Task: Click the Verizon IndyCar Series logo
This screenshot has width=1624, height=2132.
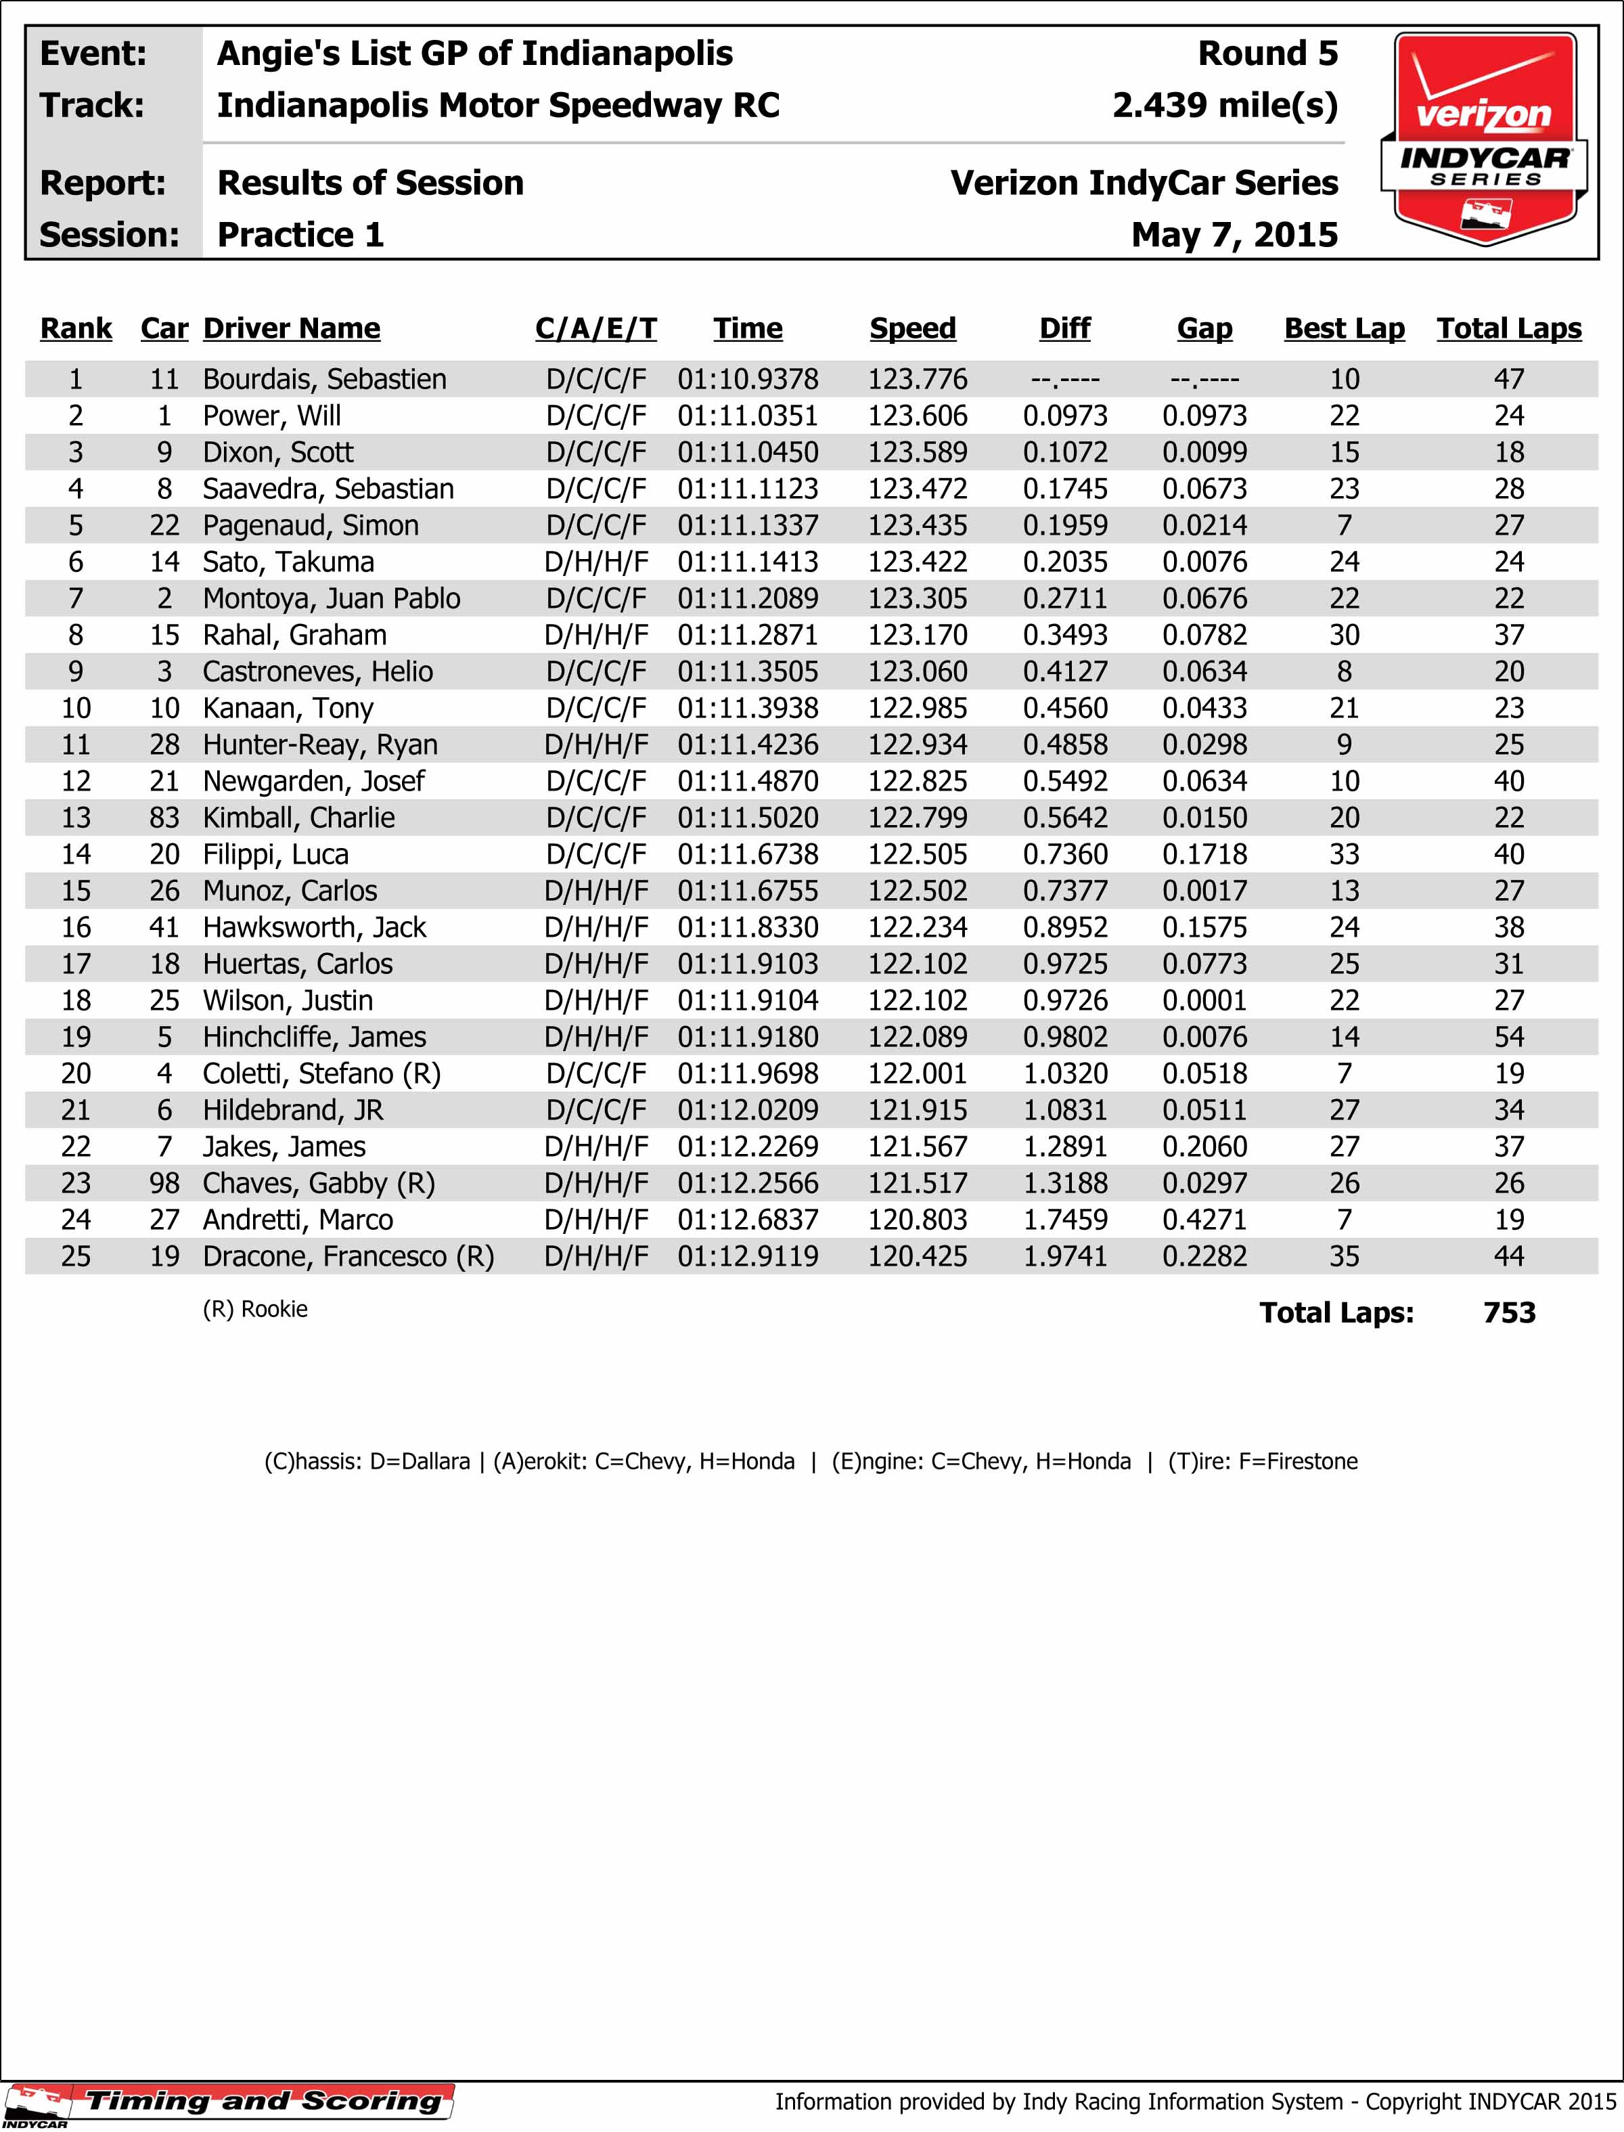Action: pyautogui.click(x=1484, y=138)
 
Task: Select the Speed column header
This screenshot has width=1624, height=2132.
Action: pyautogui.click(x=913, y=329)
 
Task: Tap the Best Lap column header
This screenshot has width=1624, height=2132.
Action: pyautogui.click(x=1344, y=329)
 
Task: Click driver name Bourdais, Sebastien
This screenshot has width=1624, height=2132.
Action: pyautogui.click(x=325, y=379)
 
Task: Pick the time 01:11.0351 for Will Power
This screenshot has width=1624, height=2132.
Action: pyautogui.click(x=747, y=416)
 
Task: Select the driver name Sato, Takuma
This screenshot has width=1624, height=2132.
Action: pyautogui.click(x=288, y=562)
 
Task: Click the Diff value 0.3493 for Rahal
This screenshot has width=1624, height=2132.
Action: pyautogui.click(x=1064, y=636)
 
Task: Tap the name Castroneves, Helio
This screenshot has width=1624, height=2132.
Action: pyautogui.click(x=317, y=672)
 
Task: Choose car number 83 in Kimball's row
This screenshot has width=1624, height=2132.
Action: pyautogui.click(x=164, y=818)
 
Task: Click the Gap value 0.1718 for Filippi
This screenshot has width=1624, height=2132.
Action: pyautogui.click(x=1204, y=855)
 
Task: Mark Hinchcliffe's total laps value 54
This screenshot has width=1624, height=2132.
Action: pyautogui.click(x=1508, y=1038)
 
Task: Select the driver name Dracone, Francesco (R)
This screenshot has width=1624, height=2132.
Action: pyautogui.click(x=348, y=1257)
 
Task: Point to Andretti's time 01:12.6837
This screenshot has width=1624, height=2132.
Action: pyautogui.click(x=747, y=1220)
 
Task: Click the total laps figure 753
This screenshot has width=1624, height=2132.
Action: pyautogui.click(x=1508, y=1313)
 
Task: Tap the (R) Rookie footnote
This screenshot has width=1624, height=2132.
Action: pyautogui.click(x=255, y=1309)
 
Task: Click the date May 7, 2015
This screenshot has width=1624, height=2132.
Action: pyautogui.click(x=1234, y=235)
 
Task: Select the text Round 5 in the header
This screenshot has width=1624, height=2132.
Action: pyautogui.click(x=1267, y=53)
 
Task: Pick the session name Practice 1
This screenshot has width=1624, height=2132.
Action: pyautogui.click(x=300, y=235)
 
